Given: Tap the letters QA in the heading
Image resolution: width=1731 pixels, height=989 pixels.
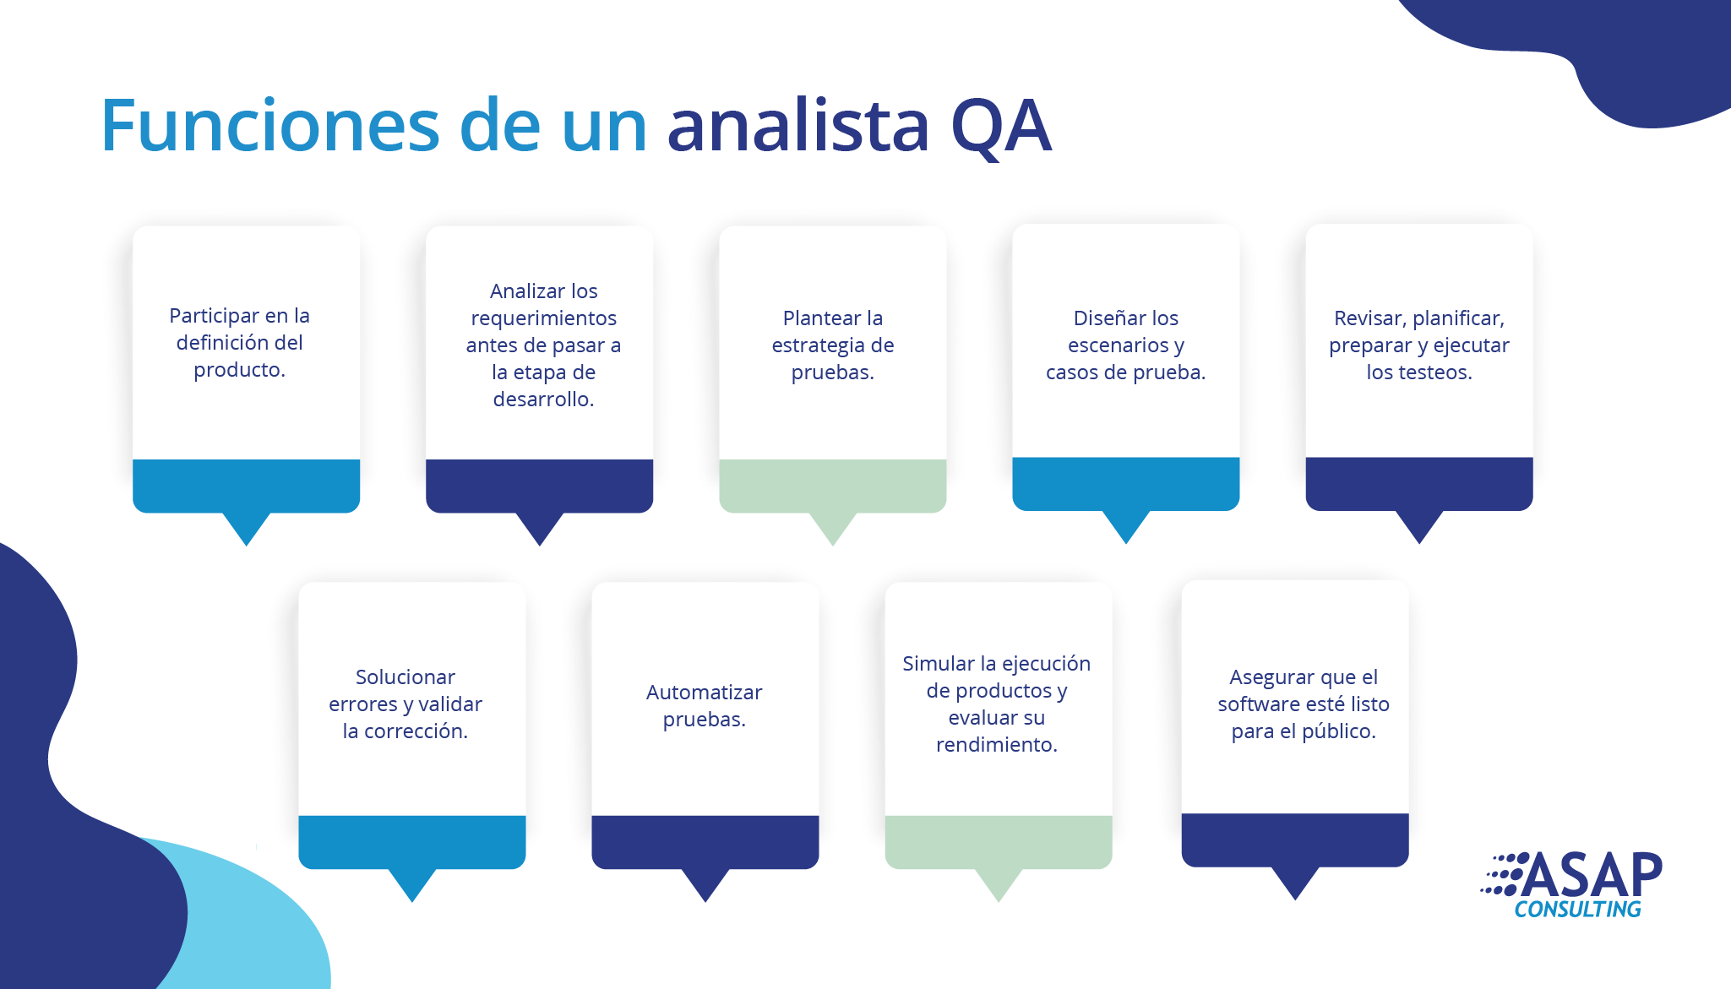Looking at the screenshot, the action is click(1001, 127).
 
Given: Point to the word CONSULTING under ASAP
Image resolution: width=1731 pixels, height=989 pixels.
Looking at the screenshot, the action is click(1577, 910).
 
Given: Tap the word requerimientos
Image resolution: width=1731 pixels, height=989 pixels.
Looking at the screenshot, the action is click(544, 318).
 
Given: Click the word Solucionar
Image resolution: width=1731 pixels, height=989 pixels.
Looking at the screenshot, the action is click(406, 677).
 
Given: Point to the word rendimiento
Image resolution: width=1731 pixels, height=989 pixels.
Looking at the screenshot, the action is click(997, 745).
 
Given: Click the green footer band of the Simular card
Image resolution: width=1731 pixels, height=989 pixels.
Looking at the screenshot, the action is click(999, 842).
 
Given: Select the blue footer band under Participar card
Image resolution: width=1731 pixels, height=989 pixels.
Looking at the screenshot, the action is click(247, 486).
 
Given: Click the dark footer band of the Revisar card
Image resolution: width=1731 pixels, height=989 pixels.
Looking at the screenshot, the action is click(1419, 484).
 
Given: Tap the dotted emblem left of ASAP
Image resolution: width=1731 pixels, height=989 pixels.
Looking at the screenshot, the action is click(1503, 874).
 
